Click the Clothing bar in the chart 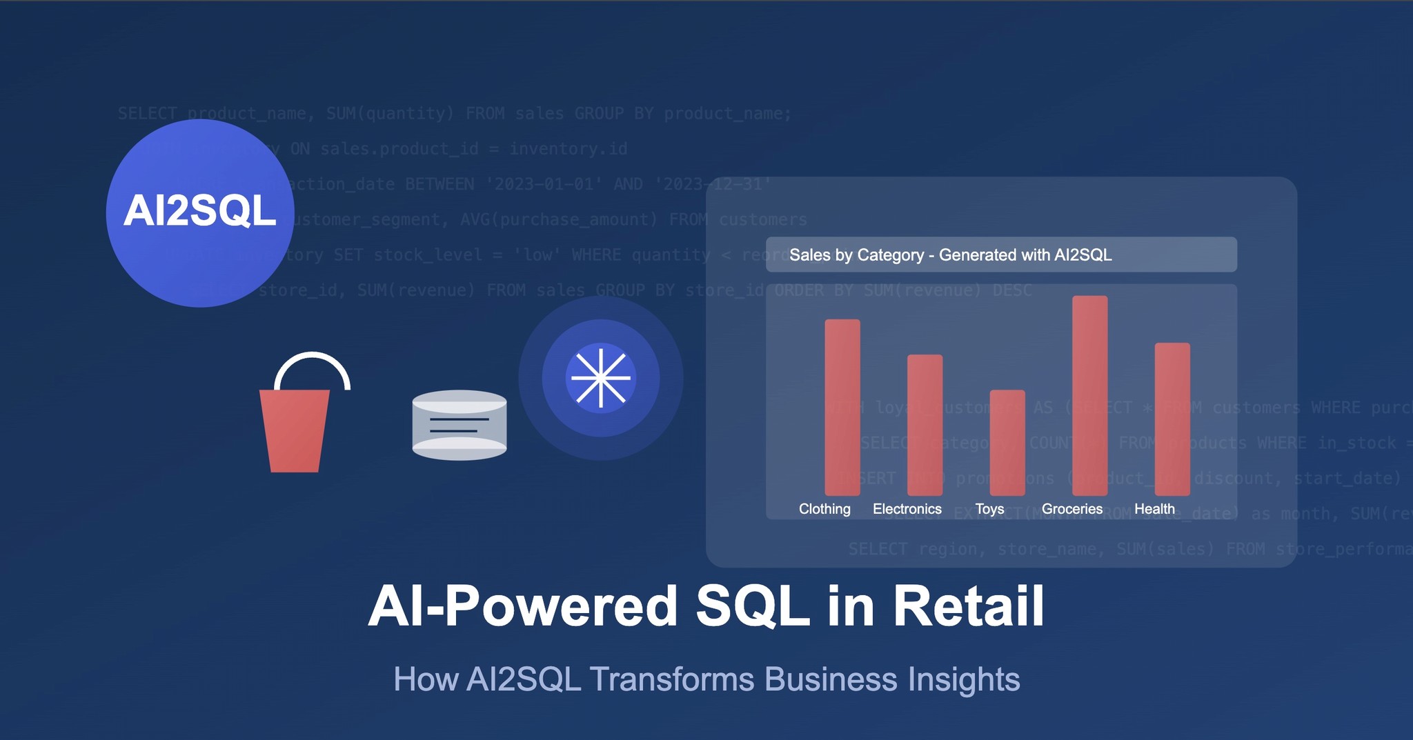click(x=842, y=407)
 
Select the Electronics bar click(x=925, y=424)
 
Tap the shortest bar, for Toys click(x=1007, y=442)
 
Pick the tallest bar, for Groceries click(x=1089, y=395)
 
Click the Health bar click(x=1172, y=419)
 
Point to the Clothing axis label click(x=824, y=509)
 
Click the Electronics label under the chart click(x=907, y=509)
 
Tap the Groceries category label click(x=1071, y=509)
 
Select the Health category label click(x=1154, y=509)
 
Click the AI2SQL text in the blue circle click(x=200, y=211)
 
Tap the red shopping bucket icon click(x=295, y=431)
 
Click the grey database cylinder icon click(x=460, y=425)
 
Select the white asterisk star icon click(x=601, y=378)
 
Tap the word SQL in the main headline click(x=752, y=606)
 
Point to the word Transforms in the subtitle click(x=672, y=679)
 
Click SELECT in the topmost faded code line click(x=147, y=113)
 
